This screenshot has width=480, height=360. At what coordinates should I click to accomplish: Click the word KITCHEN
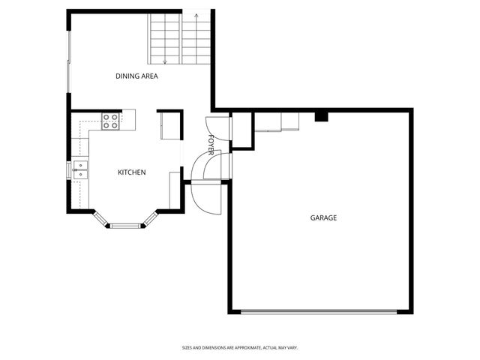click(131, 172)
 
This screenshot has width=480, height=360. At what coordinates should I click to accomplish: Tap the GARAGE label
click(324, 218)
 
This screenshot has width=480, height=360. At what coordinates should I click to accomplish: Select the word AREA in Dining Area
click(148, 76)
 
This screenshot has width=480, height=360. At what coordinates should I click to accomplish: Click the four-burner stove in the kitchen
click(110, 120)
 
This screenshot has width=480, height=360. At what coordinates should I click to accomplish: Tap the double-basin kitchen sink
click(79, 170)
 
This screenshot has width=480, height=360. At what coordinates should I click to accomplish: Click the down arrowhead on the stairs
click(165, 61)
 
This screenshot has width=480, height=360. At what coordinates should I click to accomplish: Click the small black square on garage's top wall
click(321, 116)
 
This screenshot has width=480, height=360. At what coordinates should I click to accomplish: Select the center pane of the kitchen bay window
click(126, 224)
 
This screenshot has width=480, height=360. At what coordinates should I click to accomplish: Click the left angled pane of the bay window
click(100, 218)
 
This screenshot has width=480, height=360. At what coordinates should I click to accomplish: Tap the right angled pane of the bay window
click(151, 218)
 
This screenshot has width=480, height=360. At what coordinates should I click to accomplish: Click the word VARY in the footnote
click(292, 347)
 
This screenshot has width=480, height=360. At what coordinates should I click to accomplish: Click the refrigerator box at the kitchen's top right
click(169, 124)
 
